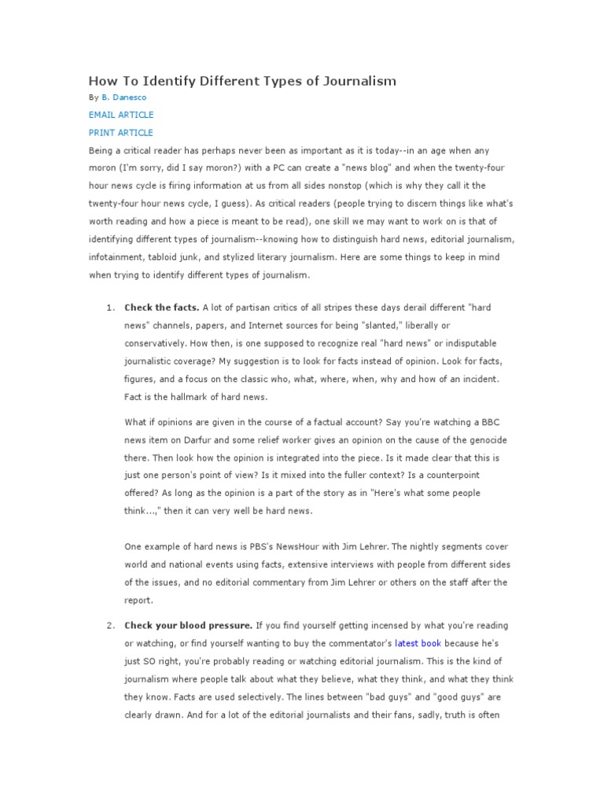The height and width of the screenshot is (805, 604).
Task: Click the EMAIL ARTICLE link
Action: coord(121,115)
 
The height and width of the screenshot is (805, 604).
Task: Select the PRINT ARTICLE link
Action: coord(121,133)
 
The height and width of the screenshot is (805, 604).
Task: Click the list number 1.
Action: coord(109,307)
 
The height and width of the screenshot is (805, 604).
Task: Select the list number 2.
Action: coord(109,625)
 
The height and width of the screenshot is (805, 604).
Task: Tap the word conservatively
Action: coord(158,343)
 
